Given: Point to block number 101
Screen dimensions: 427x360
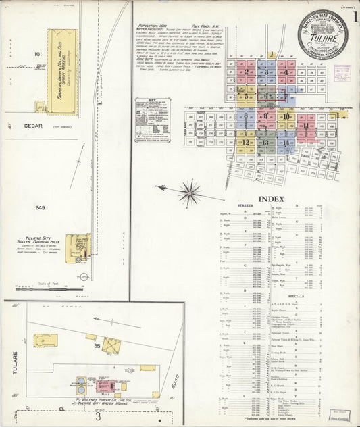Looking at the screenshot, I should (38, 53).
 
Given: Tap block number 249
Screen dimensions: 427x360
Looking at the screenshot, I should (40, 207).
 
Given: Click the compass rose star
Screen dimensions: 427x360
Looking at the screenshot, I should (190, 193).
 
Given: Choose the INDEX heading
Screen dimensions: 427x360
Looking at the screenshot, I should (272, 199).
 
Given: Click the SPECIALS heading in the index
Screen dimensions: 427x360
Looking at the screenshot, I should (295, 296).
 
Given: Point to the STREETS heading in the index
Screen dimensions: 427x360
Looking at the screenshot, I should (245, 205).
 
